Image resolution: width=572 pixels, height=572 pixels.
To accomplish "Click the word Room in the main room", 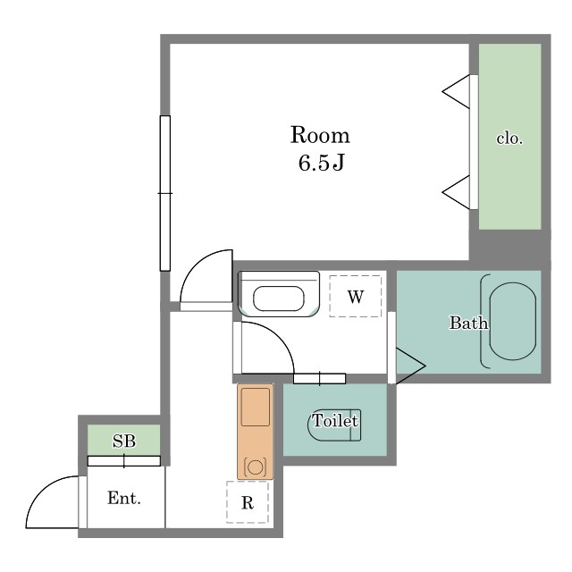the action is tap(320, 135).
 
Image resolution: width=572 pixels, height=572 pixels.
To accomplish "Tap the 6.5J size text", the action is tap(322, 163).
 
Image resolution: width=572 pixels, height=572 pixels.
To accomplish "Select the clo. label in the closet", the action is tap(509, 139).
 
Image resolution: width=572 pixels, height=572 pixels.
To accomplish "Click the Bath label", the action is tap(468, 323).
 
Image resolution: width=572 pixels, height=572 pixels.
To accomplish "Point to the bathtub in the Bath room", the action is tap(512, 322).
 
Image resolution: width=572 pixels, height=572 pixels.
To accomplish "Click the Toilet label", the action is tap(335, 421).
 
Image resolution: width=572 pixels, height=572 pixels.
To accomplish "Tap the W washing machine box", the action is tap(356, 296).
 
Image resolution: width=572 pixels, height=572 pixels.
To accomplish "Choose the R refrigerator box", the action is tap(248, 502).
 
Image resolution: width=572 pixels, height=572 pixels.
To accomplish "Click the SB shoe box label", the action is tap(124, 441).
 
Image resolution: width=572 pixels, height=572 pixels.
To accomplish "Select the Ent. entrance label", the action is tap(124, 498).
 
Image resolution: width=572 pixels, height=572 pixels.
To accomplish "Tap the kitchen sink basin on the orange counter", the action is tap(256, 407).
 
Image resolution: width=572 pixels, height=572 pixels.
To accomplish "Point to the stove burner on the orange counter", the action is tap(255, 467).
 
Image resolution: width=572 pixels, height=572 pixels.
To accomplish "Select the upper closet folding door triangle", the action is tap(456, 91).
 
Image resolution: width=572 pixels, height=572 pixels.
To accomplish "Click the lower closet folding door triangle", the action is tap(456, 192).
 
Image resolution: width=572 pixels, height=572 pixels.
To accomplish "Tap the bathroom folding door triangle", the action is tap(411, 366).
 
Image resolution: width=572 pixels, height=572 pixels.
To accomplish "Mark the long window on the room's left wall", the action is tap(164, 193).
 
